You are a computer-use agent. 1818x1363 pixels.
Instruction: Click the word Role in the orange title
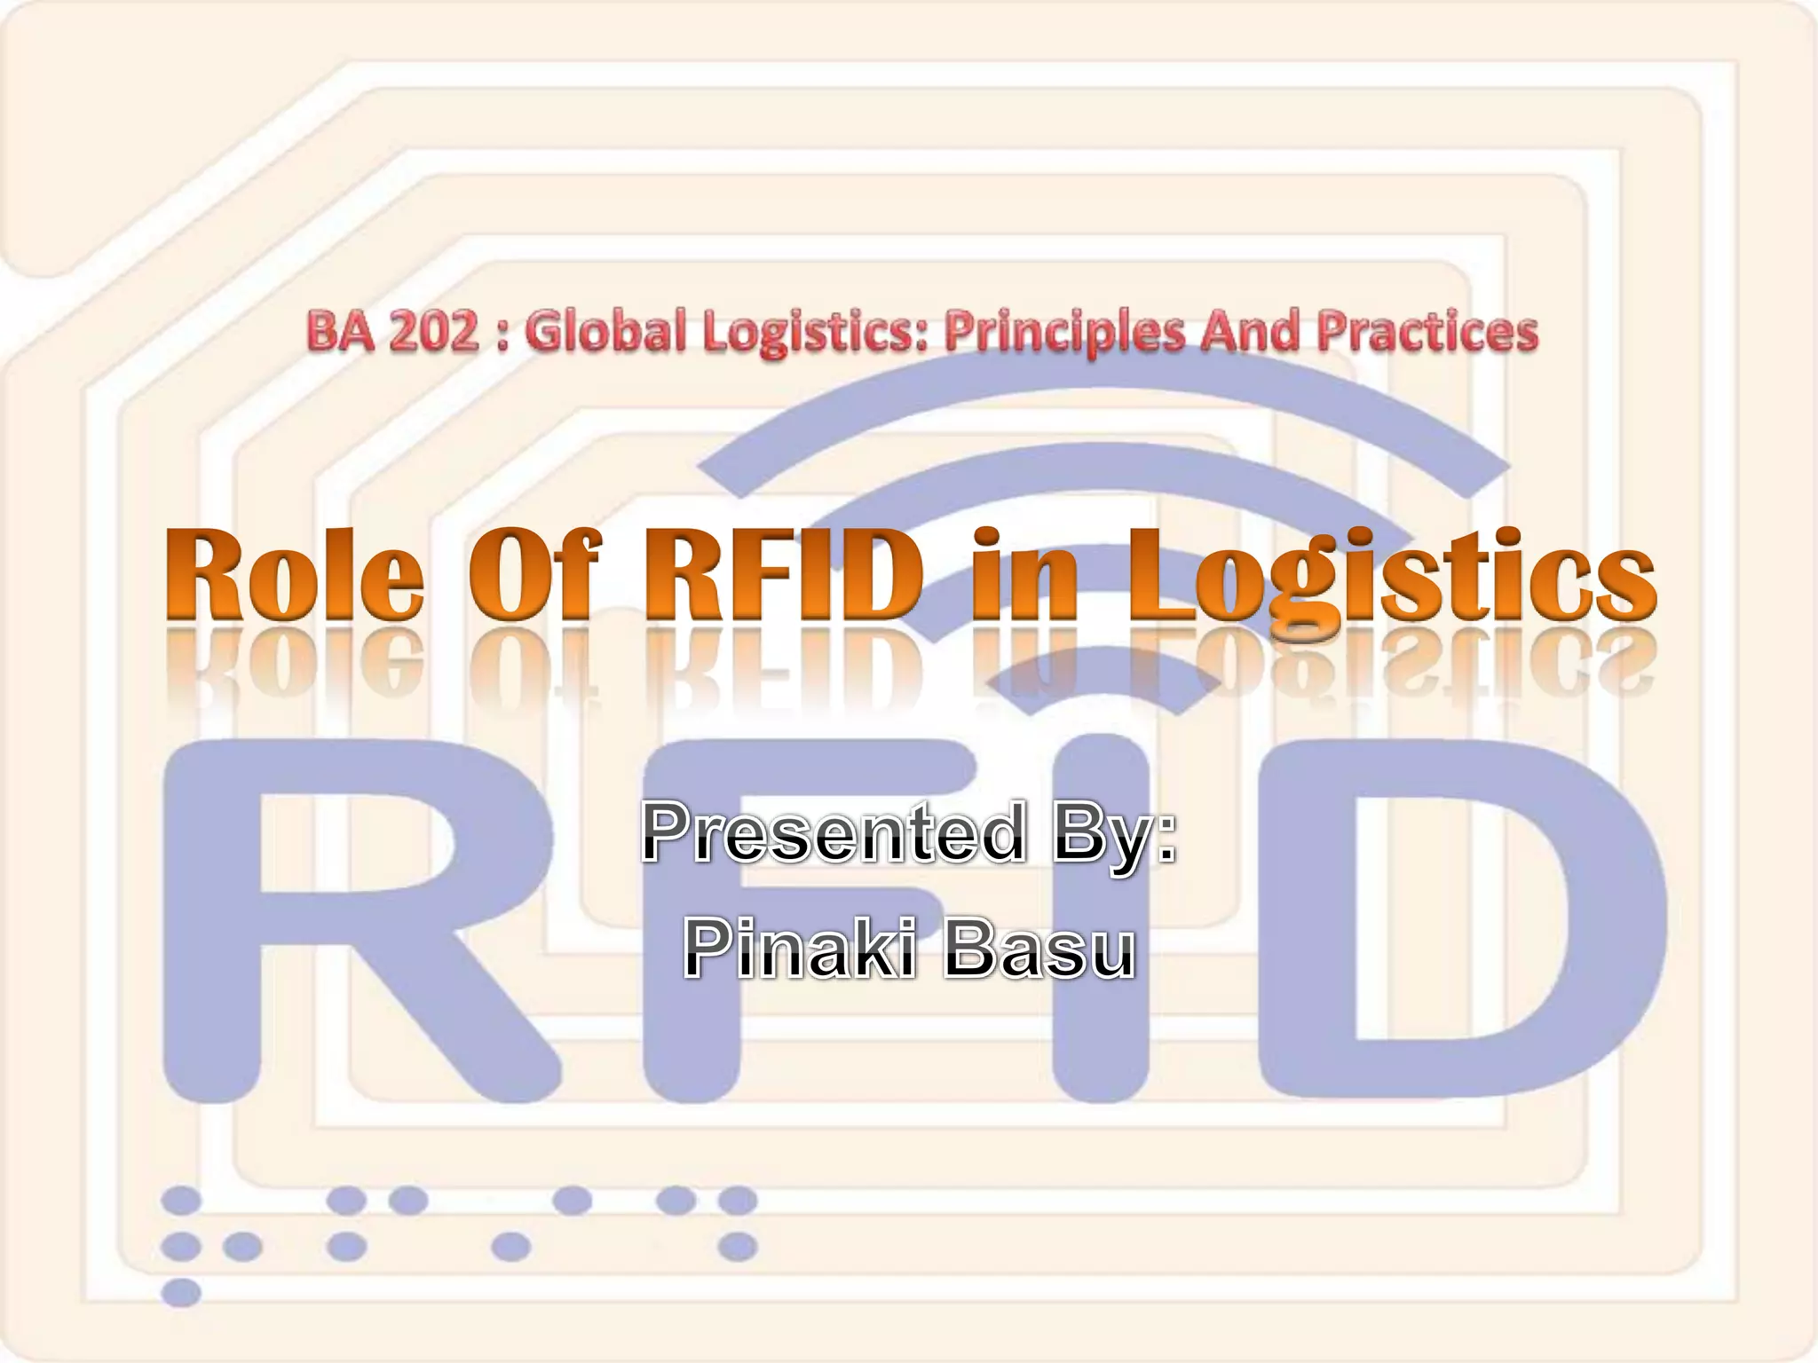point(295,574)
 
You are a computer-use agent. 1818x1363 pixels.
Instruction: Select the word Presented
point(833,832)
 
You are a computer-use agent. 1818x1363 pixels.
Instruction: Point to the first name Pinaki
point(797,949)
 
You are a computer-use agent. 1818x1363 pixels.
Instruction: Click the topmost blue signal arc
point(1101,395)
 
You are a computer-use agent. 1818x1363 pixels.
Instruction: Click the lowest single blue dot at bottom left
point(182,1292)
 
